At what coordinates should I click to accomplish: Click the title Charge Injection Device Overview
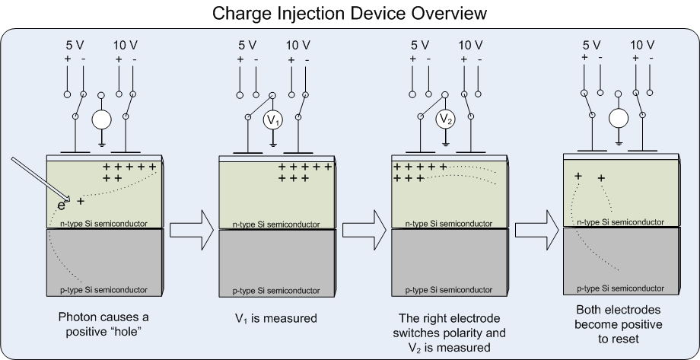[x=350, y=13]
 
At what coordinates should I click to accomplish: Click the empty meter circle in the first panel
[x=101, y=120]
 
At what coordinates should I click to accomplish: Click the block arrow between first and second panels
[x=190, y=229]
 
